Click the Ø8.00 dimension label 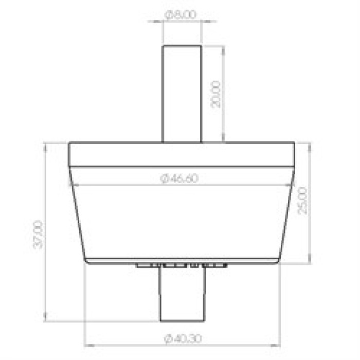181,14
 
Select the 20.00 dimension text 216,94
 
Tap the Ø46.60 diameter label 179,178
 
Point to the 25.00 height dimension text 302,201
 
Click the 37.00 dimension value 38,235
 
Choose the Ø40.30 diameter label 183,338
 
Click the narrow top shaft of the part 182,94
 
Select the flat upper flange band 182,154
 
